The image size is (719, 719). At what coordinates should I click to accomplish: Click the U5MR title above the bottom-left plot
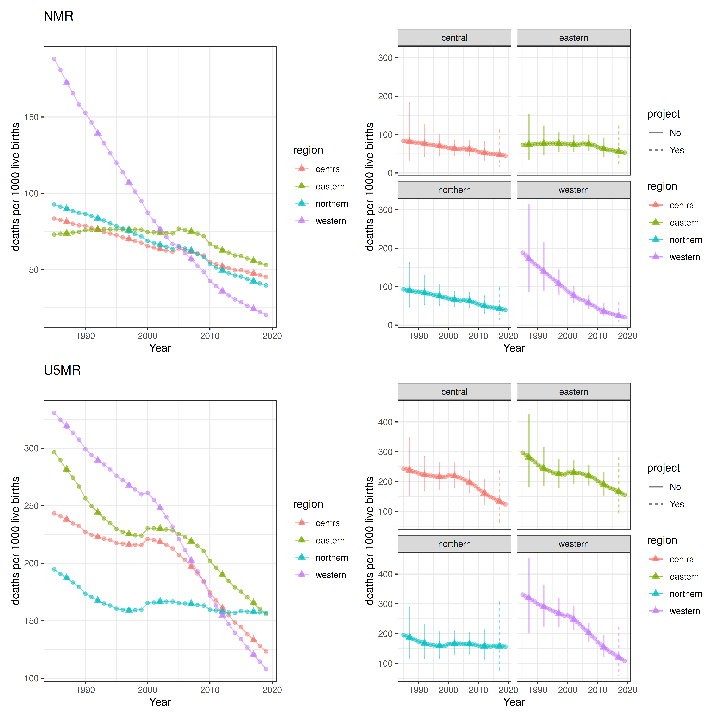(62, 370)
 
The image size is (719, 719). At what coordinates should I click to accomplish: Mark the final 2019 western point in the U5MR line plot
(266, 669)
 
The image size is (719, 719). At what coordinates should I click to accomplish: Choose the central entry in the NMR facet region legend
(682, 205)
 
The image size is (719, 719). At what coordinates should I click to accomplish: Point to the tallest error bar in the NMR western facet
(528, 248)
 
